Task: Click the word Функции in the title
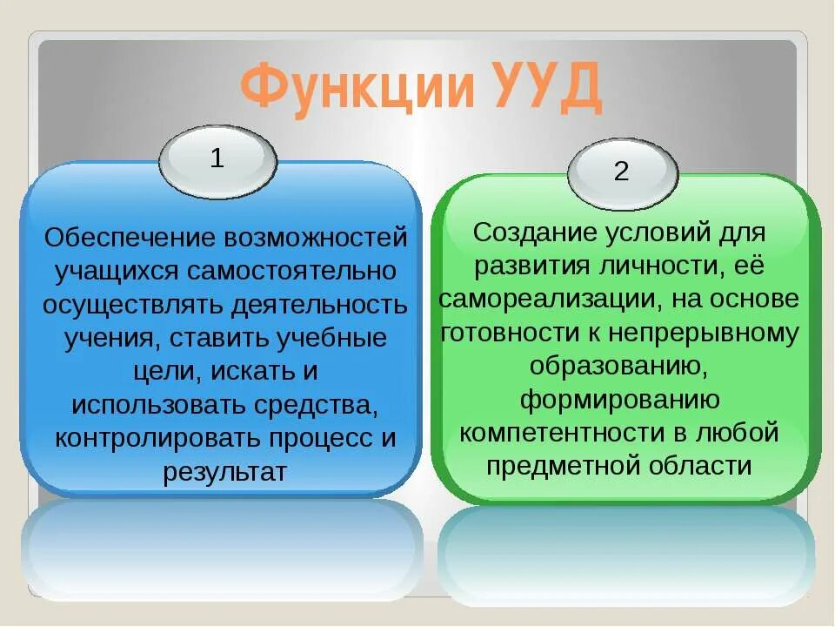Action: point(348,88)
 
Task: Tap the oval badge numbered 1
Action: point(217,160)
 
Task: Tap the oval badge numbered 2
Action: point(621,172)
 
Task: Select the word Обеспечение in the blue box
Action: point(130,238)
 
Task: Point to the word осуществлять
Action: point(132,305)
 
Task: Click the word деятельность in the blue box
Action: point(319,305)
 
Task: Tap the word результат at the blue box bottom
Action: point(224,472)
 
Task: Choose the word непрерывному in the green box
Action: point(707,333)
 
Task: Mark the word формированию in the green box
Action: point(619,399)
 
